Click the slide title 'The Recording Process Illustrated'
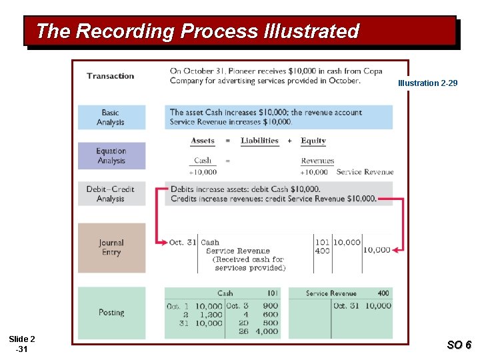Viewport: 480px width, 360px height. tap(197, 31)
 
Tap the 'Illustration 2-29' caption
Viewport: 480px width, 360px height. tap(427, 83)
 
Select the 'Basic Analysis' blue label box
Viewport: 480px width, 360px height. tap(111, 117)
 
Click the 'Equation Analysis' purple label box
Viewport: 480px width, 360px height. tap(111, 156)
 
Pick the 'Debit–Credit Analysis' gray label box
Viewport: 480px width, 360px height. tap(111, 194)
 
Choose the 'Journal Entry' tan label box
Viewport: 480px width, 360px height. tap(111, 247)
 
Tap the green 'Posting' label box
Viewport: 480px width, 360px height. tap(111, 312)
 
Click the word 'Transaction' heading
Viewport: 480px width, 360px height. tap(110, 76)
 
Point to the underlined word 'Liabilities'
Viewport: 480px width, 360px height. tap(259, 141)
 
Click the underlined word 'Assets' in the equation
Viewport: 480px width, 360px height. tap(203, 141)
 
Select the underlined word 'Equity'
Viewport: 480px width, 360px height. tap(313, 141)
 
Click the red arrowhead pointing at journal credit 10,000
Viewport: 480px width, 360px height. tap(396, 250)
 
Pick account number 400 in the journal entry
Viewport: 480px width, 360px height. tap(322, 250)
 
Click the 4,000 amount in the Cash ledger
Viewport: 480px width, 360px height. tap(266, 331)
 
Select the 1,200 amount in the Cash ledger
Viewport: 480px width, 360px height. tap(209, 315)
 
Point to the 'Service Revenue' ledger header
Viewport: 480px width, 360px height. tap(331, 293)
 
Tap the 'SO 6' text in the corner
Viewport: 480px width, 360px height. tap(459, 345)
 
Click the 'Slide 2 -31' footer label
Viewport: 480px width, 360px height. tap(22, 345)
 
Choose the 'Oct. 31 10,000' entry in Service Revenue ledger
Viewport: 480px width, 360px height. tap(362, 306)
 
